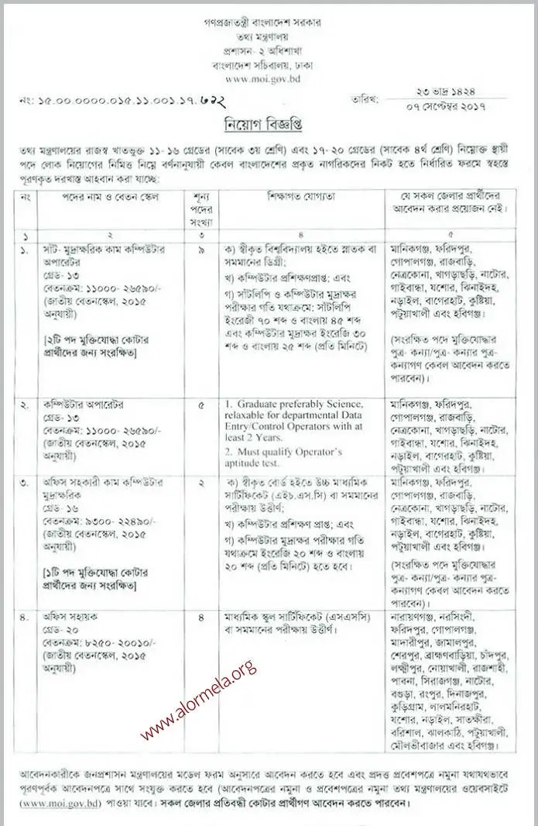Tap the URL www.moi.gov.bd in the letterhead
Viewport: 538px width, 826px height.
pos(268,78)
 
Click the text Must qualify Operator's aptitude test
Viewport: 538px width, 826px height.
pos(286,457)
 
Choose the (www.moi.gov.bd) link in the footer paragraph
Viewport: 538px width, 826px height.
pos(51,803)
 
